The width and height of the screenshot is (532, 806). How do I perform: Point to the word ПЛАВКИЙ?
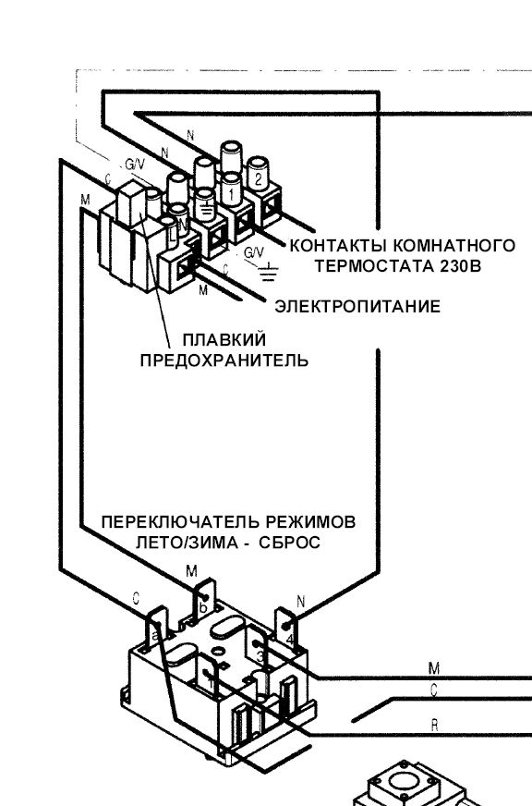click(x=223, y=339)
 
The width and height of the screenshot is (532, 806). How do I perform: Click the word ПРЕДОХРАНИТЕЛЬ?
click(x=224, y=360)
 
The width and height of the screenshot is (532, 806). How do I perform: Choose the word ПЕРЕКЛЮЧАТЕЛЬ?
click(x=177, y=522)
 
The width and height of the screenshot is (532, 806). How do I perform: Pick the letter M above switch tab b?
click(x=191, y=572)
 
